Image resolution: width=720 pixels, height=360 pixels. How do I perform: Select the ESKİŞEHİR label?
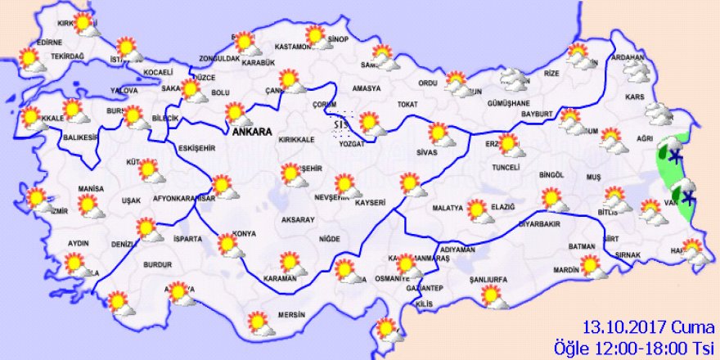[x=196, y=147]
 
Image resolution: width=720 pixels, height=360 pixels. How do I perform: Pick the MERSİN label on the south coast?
[x=290, y=315]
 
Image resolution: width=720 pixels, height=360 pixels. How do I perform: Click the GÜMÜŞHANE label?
[x=510, y=104]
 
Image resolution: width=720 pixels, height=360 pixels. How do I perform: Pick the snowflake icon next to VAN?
[x=689, y=196]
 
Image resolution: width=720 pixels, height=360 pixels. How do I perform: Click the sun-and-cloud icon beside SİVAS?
[x=440, y=134]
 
